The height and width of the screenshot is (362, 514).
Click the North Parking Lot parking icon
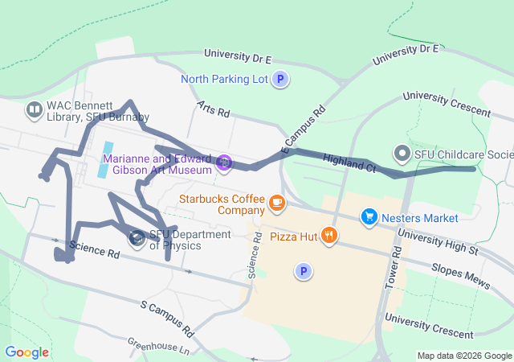click(x=280, y=79)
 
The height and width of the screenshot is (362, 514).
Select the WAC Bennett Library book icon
click(x=34, y=109)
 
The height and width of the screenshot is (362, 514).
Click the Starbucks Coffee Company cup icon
click(x=277, y=203)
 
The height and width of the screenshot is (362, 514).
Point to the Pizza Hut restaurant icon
click(x=329, y=236)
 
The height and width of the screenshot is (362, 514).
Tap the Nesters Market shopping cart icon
click(x=369, y=217)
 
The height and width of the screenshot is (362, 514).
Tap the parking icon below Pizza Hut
click(x=303, y=272)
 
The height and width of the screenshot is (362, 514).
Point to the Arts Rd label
click(x=213, y=107)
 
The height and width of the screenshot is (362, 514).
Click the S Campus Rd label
click(x=167, y=319)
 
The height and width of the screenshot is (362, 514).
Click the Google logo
click(x=27, y=352)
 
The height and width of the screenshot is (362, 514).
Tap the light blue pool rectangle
click(x=105, y=160)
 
